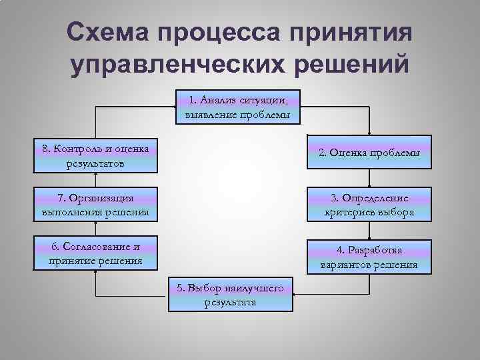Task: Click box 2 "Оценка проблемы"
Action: (x=369, y=152)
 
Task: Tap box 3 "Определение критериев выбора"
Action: (x=369, y=205)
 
